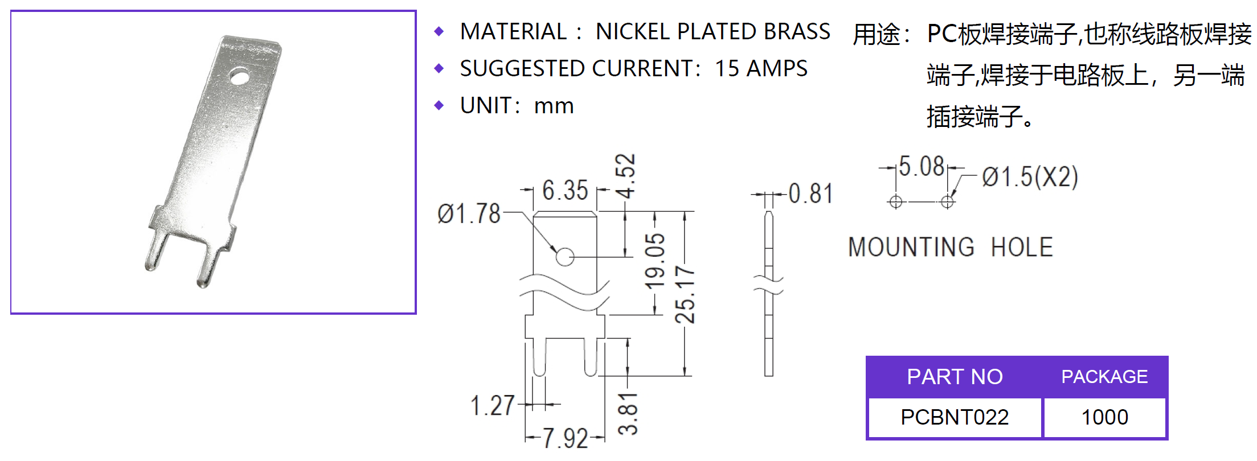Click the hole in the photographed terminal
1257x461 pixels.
coord(240,76)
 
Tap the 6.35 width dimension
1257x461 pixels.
coord(564,191)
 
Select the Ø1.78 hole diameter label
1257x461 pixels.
coord(468,214)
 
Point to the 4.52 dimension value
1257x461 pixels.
coord(625,176)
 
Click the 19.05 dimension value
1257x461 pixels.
coord(655,261)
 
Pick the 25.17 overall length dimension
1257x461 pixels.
coord(685,295)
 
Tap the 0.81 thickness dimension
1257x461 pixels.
coord(810,194)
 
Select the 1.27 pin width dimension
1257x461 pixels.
coord(492,406)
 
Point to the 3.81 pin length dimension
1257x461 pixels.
coord(628,414)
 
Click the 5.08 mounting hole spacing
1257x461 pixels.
coord(922,167)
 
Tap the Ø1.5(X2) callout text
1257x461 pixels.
coord(1030,177)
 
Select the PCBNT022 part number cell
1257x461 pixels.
coord(954,418)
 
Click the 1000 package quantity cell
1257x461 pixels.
coord(1104,418)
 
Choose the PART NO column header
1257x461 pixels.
coord(954,377)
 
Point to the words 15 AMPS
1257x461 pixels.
coord(761,69)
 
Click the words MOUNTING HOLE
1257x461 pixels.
coord(950,248)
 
